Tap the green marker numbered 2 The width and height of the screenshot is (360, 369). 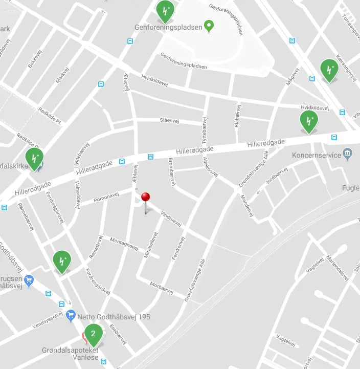click(x=93, y=334)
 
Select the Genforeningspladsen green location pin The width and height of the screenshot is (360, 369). click(x=209, y=26)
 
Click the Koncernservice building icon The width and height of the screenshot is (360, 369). click(x=348, y=152)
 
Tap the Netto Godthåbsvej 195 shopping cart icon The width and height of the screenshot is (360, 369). click(x=71, y=317)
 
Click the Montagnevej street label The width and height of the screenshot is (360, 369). click(x=124, y=245)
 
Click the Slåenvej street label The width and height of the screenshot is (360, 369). click(x=170, y=120)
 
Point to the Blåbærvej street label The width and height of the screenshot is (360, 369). click(x=237, y=116)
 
